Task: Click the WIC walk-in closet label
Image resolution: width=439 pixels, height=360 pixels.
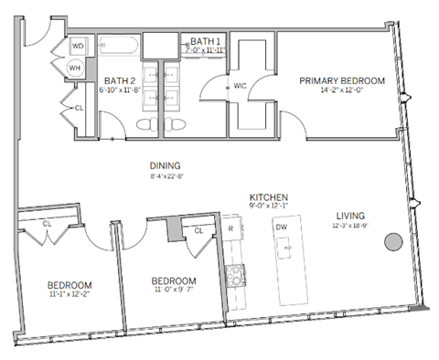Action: pos(241,87)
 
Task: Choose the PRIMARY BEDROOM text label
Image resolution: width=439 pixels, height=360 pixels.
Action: pos(342,81)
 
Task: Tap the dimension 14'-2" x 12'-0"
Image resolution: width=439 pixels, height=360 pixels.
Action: pos(342,91)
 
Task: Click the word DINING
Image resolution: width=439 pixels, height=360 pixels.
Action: pos(166,165)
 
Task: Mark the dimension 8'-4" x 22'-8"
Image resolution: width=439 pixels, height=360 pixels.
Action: pos(166,176)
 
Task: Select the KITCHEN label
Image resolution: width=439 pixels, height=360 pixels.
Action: pos(270,197)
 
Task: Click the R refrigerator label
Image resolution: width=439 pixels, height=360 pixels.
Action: pos(231,228)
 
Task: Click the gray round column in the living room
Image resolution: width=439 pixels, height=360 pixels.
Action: pos(392,242)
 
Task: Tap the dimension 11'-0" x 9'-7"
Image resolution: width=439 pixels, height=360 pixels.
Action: pos(174,291)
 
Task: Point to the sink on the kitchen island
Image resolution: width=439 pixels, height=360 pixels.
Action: pos(285,247)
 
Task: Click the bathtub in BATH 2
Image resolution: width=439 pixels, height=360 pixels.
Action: pos(119,45)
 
